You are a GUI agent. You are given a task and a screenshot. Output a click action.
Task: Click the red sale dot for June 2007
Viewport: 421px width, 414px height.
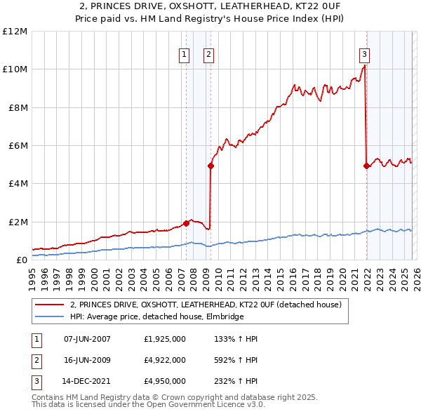186,223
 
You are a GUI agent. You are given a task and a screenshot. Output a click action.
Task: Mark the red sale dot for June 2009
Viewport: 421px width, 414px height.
210,166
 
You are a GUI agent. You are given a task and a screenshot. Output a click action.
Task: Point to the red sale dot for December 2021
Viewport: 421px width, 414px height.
366,166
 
